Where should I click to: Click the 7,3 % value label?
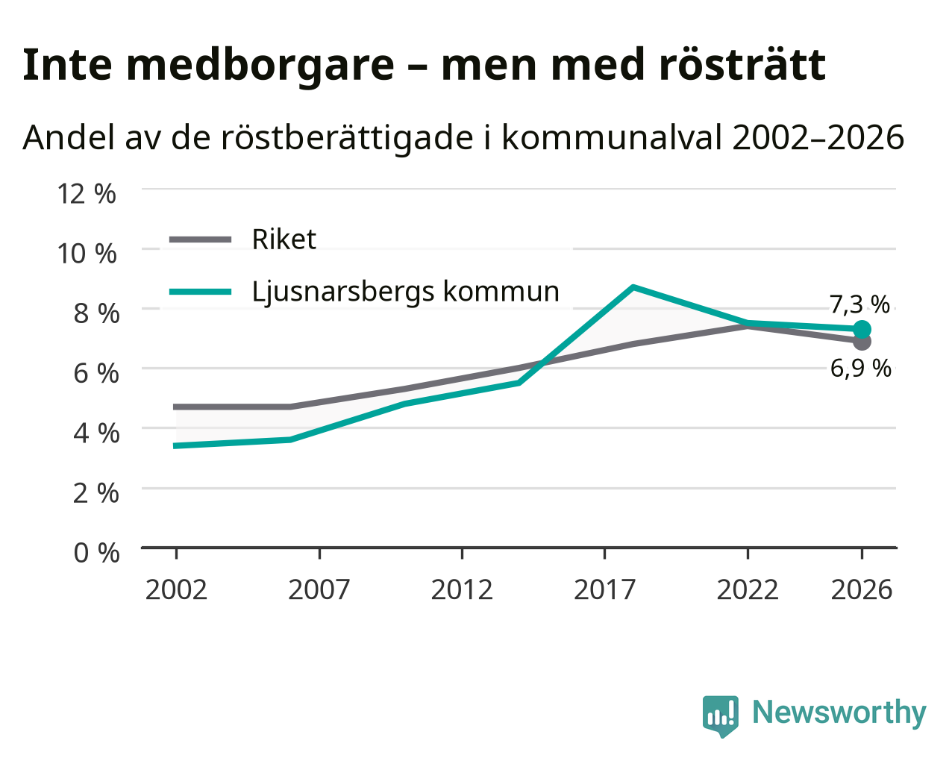(x=859, y=305)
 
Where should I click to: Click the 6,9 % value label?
(x=860, y=369)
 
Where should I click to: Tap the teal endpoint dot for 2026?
(x=862, y=330)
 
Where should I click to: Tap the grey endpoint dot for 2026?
(x=862, y=342)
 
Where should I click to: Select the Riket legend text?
(x=284, y=239)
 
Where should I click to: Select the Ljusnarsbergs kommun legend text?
(x=406, y=292)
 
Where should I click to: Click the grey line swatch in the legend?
(x=201, y=239)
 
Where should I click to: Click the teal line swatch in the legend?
(x=201, y=292)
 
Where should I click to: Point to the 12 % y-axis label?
(x=87, y=194)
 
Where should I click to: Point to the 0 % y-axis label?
(x=96, y=553)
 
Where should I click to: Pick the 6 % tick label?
(x=96, y=374)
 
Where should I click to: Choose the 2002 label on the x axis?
(x=176, y=590)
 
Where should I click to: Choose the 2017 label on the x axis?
(x=605, y=590)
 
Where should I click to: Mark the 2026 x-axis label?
(x=862, y=590)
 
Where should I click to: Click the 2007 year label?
(x=319, y=590)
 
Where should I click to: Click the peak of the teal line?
(x=633, y=287)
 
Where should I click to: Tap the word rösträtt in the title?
(x=742, y=65)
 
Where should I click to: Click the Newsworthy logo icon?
(x=721, y=716)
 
